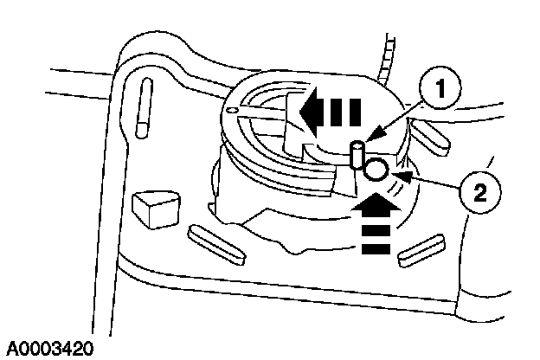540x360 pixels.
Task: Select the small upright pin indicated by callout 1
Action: tap(356, 157)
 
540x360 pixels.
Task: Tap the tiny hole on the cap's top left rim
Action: tap(231, 111)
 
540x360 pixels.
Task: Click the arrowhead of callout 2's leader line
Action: tap(397, 177)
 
